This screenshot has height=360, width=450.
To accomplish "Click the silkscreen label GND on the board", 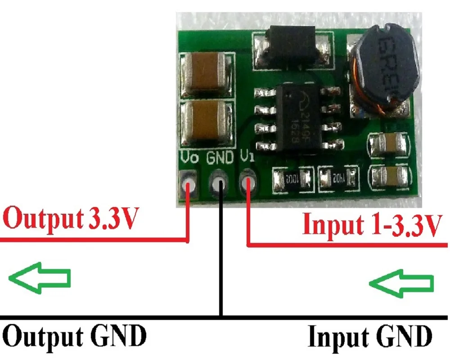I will coord(220,158).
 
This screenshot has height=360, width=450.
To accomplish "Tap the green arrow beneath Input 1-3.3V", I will coord(401,283).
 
